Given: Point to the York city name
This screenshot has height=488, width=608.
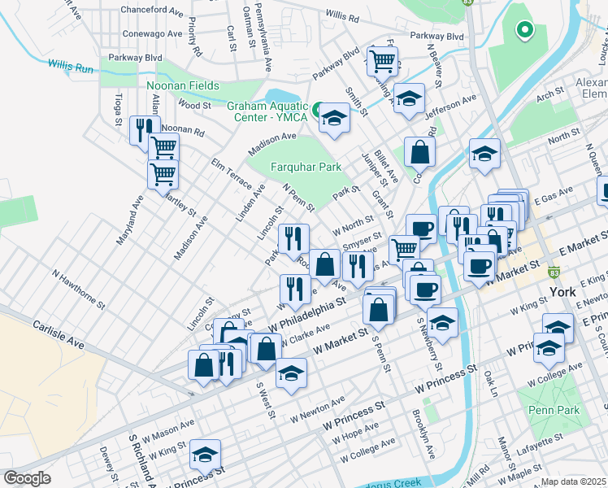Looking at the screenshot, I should [x=562, y=292].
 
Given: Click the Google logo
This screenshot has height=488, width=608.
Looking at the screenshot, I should [x=27, y=477].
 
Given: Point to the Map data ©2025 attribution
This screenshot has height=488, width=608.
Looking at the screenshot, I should [x=572, y=481].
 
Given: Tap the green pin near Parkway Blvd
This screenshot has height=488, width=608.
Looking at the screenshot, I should [x=524, y=31].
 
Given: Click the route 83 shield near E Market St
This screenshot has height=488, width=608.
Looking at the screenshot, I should [x=554, y=272].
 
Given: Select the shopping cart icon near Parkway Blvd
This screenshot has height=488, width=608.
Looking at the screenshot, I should [x=382, y=59].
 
